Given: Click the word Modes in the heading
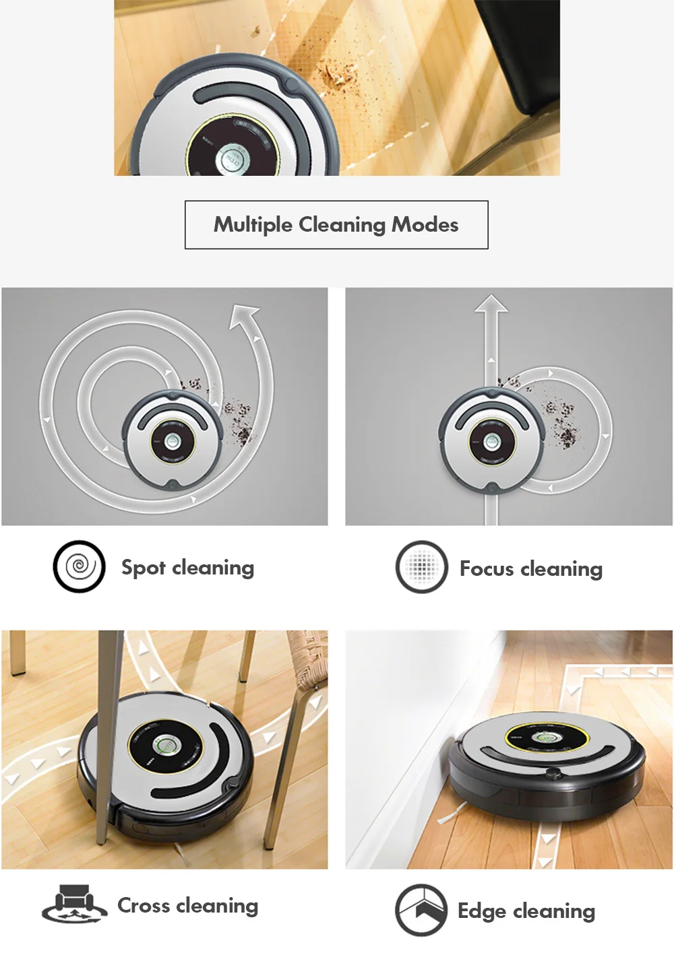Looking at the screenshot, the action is point(425,225).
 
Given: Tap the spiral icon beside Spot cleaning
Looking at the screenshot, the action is point(79,566).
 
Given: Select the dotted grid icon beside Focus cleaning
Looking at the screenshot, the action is point(422,566).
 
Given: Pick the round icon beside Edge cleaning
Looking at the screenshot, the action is point(421,910).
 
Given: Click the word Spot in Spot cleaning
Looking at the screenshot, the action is point(144,568).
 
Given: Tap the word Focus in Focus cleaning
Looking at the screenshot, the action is point(487,568).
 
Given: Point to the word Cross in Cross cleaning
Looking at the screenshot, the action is point(144,905).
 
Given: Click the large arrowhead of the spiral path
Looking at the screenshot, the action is point(244,315).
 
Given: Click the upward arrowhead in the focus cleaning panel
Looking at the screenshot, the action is point(491,304).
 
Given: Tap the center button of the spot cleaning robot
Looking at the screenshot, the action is point(173,441).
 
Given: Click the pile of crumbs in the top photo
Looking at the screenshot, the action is point(340,77).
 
